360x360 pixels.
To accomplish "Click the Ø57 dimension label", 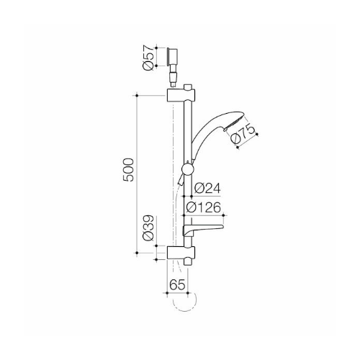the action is (x=148, y=58).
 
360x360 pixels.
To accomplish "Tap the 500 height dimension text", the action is (x=128, y=170).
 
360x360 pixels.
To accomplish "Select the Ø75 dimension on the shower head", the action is (x=243, y=135).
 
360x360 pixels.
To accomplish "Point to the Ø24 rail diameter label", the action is (x=207, y=188).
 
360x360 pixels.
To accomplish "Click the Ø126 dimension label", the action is (x=204, y=207).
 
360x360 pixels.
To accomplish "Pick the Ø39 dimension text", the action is (x=148, y=228).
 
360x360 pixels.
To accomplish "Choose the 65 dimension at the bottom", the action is (x=177, y=284).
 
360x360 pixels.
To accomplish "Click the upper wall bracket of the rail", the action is (x=181, y=95).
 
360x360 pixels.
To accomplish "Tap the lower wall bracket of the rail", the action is (x=181, y=253).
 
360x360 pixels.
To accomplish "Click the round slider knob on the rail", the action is (x=188, y=169).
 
